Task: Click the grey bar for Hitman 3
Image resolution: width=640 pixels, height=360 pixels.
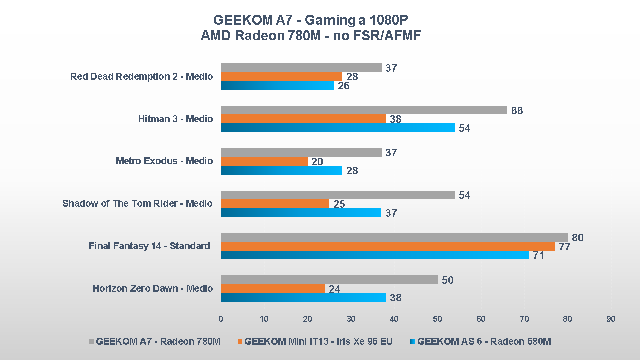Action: tap(364, 110)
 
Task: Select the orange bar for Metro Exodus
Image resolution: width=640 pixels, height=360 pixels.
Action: tap(264, 161)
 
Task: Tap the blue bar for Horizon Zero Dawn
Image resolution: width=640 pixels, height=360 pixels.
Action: tap(303, 298)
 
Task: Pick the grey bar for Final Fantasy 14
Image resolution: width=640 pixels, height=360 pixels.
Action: tap(394, 237)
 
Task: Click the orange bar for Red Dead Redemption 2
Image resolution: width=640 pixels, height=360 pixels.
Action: tap(282, 77)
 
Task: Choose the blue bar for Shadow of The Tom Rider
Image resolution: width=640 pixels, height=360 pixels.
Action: tap(301, 213)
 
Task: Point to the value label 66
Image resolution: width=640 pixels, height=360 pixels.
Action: tap(517, 110)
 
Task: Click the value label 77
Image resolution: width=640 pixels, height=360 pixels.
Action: tap(565, 246)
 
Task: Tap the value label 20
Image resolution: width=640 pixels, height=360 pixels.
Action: tap(317, 162)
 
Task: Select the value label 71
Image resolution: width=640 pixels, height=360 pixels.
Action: tap(538, 255)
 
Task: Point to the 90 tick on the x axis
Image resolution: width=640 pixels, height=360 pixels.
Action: tap(611, 319)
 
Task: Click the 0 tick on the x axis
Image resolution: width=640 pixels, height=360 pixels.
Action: tap(221, 319)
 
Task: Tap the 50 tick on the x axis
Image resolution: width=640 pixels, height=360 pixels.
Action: tap(437, 319)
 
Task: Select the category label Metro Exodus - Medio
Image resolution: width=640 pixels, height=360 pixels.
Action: tap(164, 161)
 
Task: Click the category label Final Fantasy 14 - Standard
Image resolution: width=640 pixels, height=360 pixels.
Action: tap(149, 246)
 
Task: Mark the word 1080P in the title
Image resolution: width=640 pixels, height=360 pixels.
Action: tap(388, 20)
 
